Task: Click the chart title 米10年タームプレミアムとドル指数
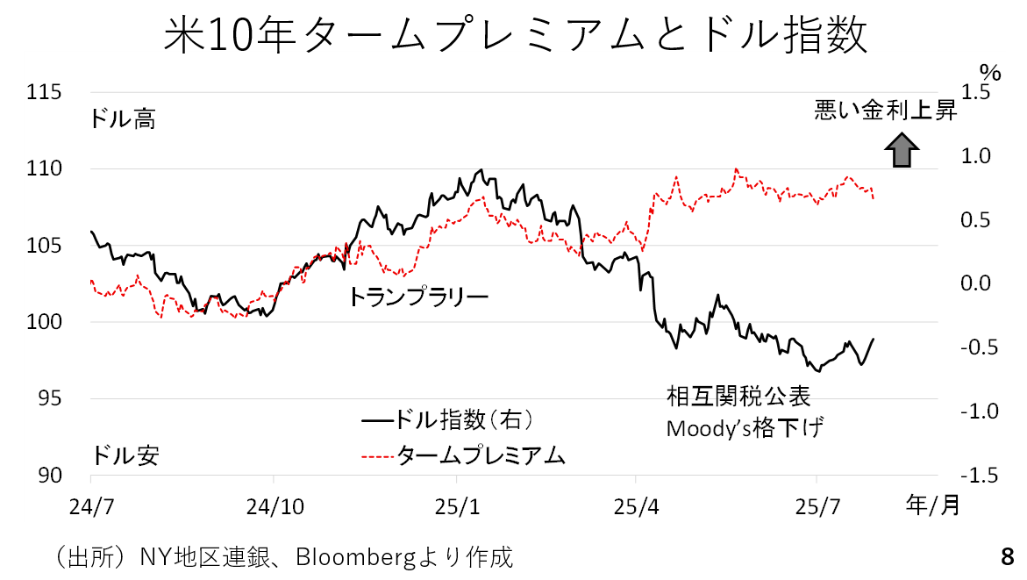tap(516, 37)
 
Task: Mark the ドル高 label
tap(123, 118)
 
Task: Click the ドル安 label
tap(123, 455)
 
